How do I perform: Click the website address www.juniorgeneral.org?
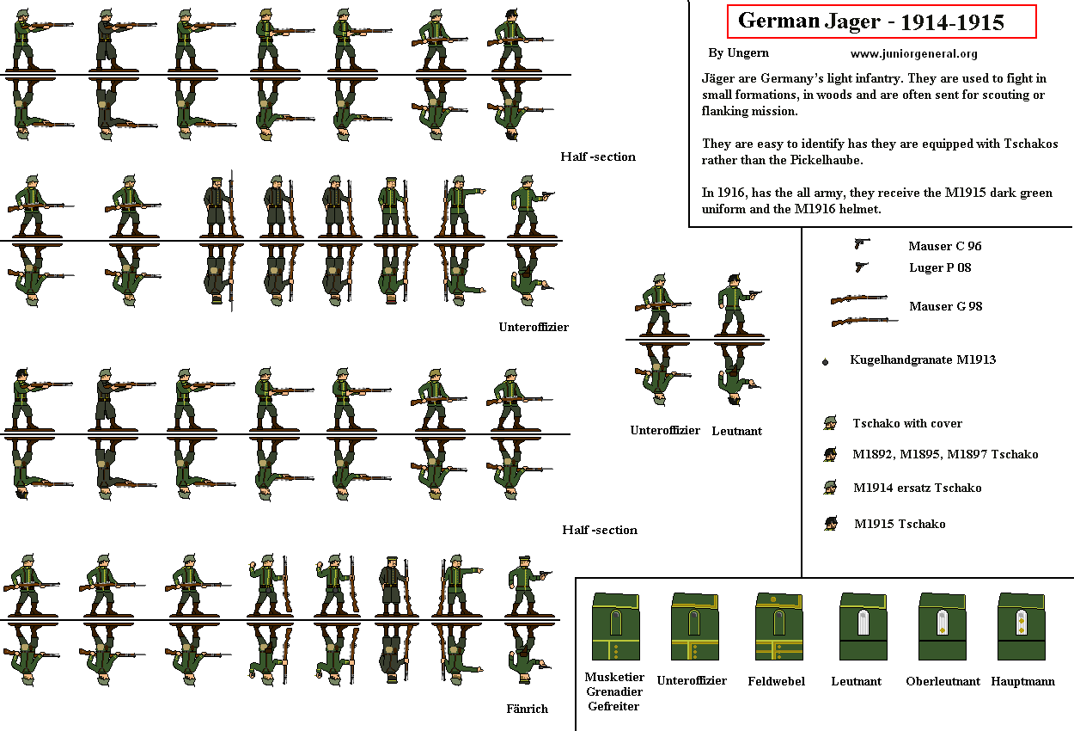pyautogui.click(x=913, y=53)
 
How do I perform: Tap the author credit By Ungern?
pyautogui.click(x=738, y=53)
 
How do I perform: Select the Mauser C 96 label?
pyautogui.click(x=944, y=246)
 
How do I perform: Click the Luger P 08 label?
pyautogui.click(x=940, y=267)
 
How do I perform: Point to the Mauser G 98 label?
pyautogui.click(x=945, y=306)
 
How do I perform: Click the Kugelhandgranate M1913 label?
pyautogui.click(x=922, y=359)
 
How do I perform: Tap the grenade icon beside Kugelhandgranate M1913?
pyautogui.click(x=825, y=362)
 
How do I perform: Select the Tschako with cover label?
pyautogui.click(x=906, y=423)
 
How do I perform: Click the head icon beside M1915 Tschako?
pyautogui.click(x=831, y=523)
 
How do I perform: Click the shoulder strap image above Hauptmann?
pyautogui.click(x=1020, y=625)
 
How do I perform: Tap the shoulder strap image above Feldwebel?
pyautogui.click(x=778, y=625)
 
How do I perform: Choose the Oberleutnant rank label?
pyautogui.click(x=943, y=681)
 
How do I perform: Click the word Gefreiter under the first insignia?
pyautogui.click(x=613, y=706)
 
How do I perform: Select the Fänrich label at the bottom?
pyautogui.click(x=527, y=709)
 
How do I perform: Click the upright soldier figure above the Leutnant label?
pyautogui.click(x=735, y=305)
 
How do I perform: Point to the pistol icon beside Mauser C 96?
pyautogui.click(x=862, y=244)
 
